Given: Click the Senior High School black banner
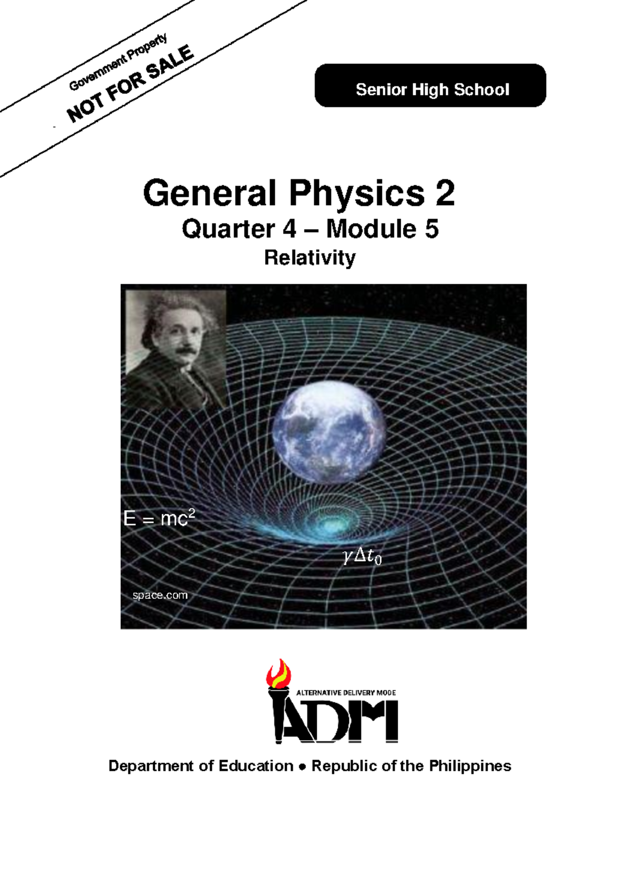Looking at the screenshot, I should click(430, 86).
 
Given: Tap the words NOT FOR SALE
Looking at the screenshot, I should click(130, 84).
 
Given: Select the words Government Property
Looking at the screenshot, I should click(118, 62).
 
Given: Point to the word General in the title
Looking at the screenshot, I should click(209, 193).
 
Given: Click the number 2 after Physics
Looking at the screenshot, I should click(445, 193).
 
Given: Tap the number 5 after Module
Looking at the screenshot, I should click(431, 229).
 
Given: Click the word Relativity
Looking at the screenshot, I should click(309, 257).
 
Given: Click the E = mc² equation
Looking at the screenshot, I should click(159, 518).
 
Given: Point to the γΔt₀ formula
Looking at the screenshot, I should click(362, 556).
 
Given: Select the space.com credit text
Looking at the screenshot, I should click(160, 595).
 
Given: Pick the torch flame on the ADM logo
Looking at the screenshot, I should click(279, 674).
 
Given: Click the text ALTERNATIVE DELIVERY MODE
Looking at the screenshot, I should click(346, 692).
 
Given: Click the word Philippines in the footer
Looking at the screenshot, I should click(470, 766).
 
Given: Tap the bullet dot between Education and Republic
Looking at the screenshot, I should click(302, 767).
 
